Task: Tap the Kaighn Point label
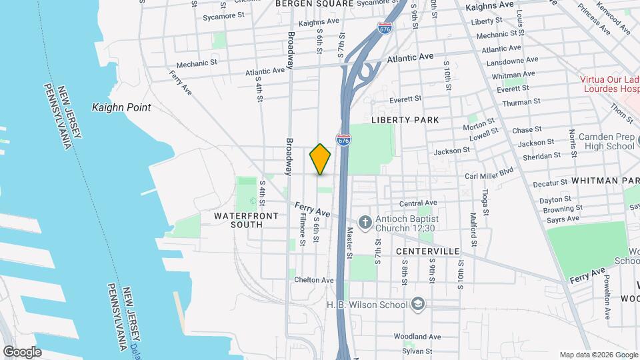pos(121,107)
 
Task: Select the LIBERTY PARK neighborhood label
pos(405,120)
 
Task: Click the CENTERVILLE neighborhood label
pos(427,251)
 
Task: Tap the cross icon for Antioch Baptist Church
pos(365,222)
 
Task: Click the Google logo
pos(21,352)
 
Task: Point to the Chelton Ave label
pos(314,280)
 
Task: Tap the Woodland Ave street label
pos(417,337)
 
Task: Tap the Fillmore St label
pos(302,231)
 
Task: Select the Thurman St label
pos(522,103)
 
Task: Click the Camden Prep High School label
pos(606,141)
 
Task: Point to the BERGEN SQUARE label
pos(314,3)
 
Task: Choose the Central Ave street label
pos(417,203)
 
